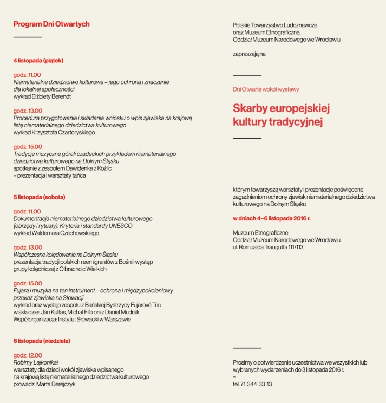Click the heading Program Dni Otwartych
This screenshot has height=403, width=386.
pos(51,24)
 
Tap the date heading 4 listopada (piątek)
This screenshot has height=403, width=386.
pos(42,60)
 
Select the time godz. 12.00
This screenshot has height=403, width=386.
pos(27,355)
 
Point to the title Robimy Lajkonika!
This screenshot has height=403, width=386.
pos(36,362)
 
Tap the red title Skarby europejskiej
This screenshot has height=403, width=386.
pos(282,108)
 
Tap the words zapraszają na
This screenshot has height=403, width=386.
pos(249,54)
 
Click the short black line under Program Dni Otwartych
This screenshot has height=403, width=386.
pos(28,37)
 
